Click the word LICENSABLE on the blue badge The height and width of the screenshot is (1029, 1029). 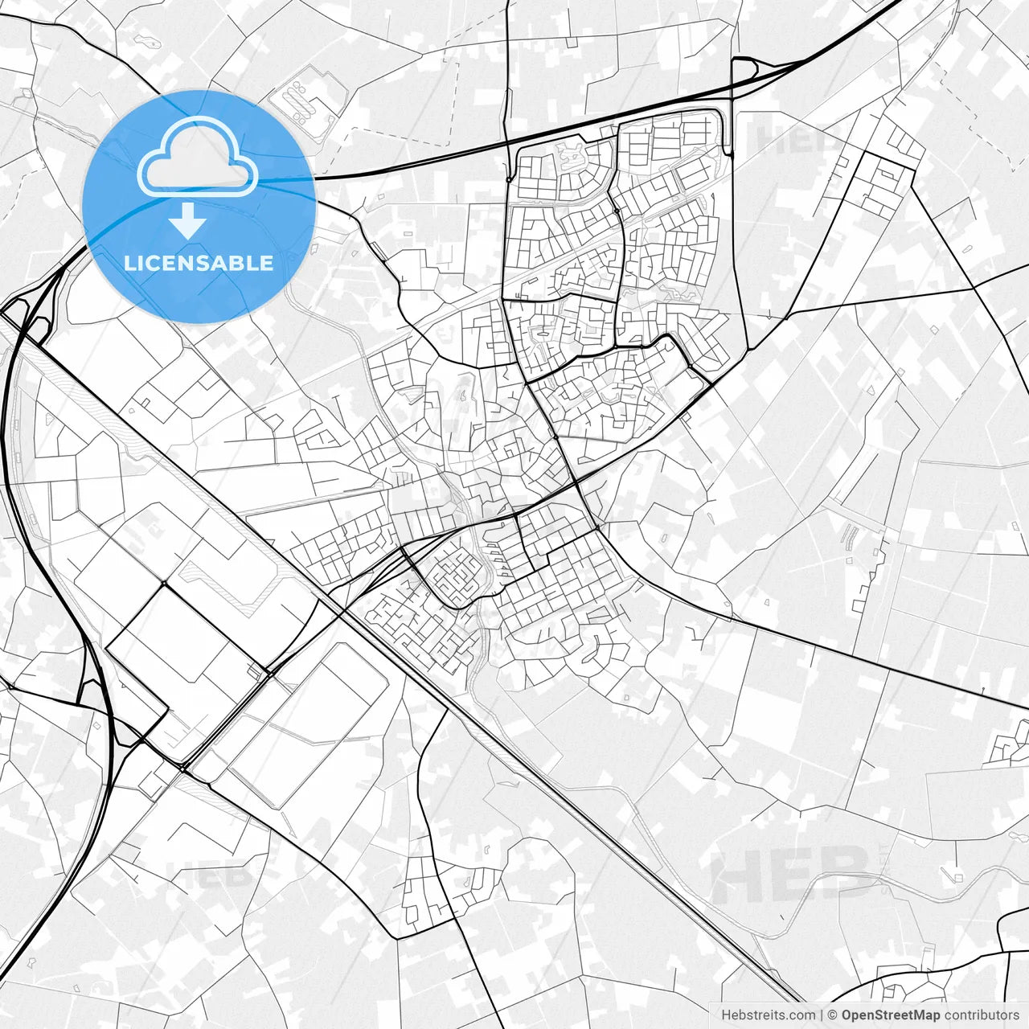[x=199, y=263]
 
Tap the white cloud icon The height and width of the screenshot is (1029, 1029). [x=197, y=158]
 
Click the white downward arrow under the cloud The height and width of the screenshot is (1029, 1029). [x=187, y=220]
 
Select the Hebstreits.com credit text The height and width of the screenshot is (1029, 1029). [x=768, y=1015]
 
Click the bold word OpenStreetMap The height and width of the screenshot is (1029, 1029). [x=891, y=1015]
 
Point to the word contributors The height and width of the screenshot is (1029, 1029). [x=982, y=1015]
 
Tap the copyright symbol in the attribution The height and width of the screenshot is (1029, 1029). [x=833, y=1015]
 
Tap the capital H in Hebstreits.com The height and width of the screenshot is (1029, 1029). [x=726, y=1015]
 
